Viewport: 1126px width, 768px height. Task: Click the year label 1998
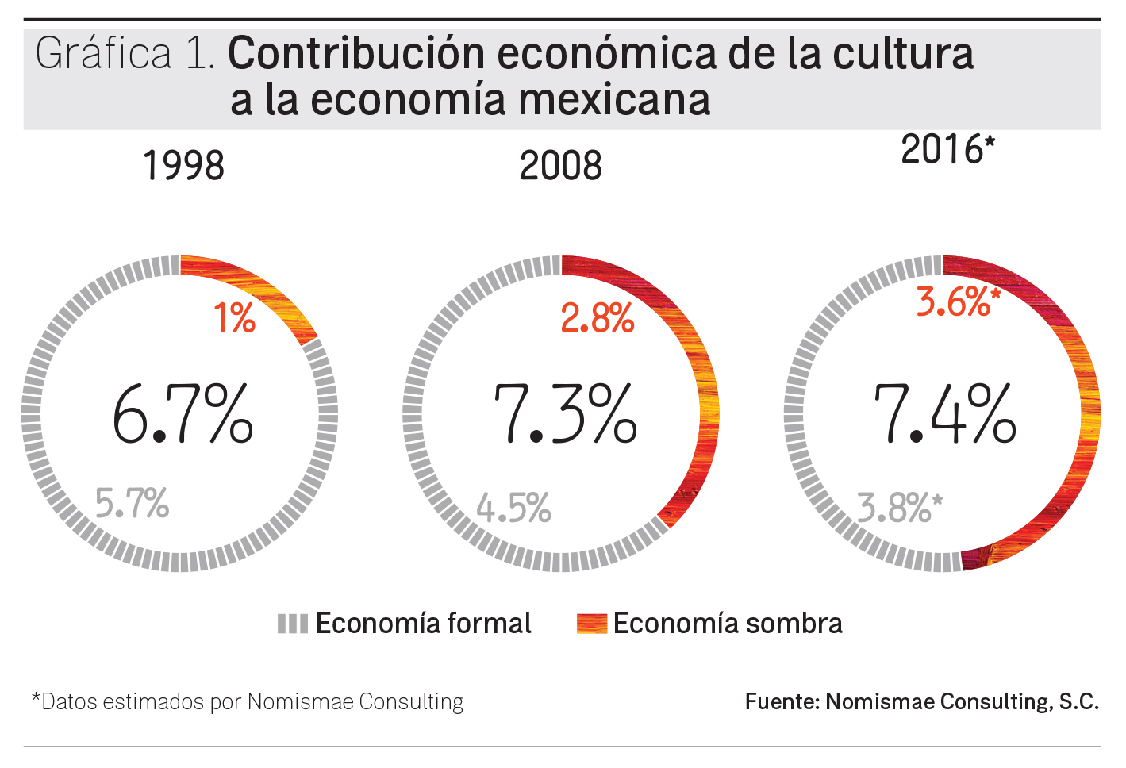[183, 166]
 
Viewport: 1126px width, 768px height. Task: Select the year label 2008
[560, 166]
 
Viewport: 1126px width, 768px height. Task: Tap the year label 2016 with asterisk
[947, 149]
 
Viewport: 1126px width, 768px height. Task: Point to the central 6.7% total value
[183, 414]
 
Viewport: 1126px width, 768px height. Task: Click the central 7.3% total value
[564, 414]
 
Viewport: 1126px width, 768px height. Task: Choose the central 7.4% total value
[944, 414]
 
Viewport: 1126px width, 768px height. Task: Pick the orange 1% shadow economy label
[234, 319]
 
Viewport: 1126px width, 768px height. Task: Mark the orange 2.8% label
[597, 319]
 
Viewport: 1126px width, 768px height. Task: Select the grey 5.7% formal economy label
[132, 503]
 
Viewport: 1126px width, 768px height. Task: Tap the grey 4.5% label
[513, 508]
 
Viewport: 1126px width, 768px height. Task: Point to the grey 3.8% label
[899, 508]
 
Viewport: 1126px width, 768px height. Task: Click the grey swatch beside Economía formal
[292, 624]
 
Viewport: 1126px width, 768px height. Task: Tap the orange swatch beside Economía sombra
[591, 624]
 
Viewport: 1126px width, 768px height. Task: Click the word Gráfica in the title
[103, 54]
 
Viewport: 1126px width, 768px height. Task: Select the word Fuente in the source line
[781, 701]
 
